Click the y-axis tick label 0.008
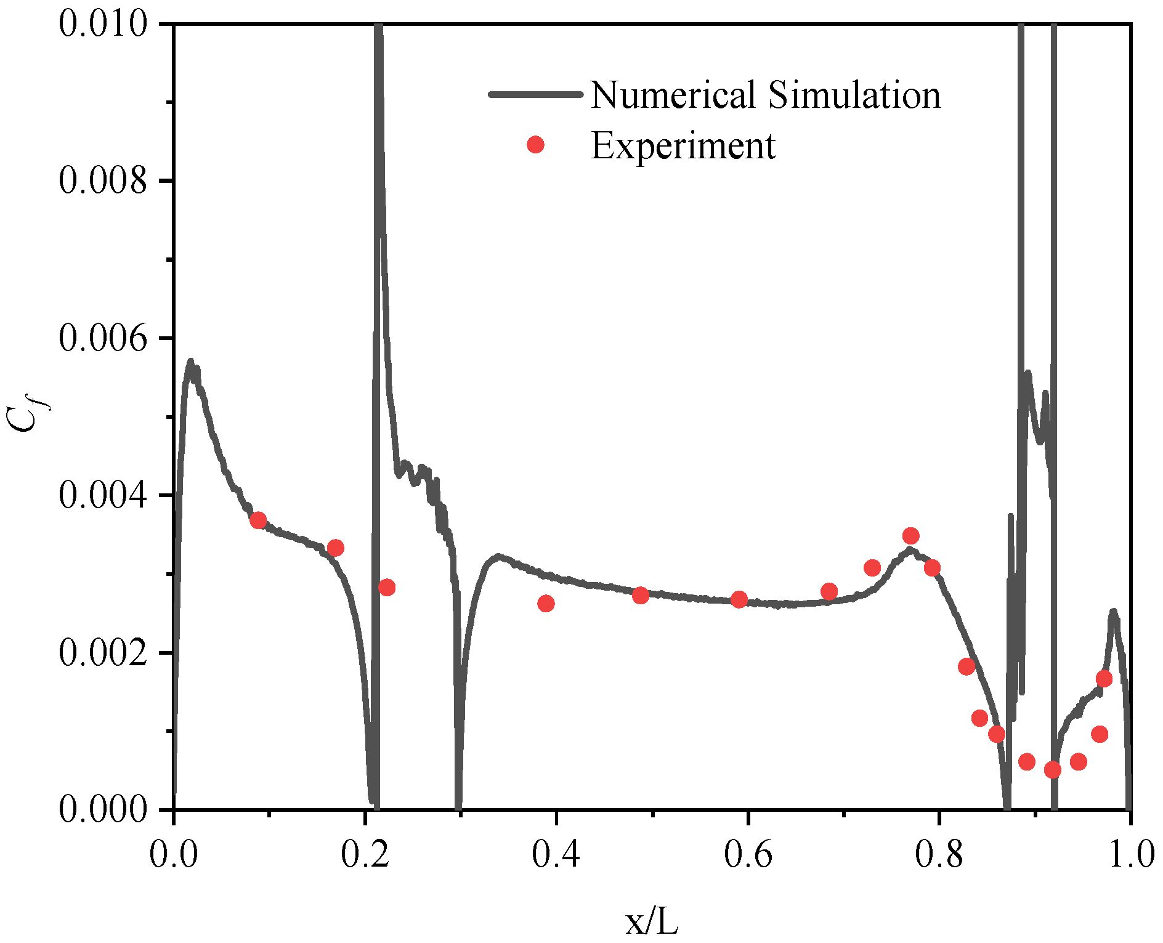pos(103,181)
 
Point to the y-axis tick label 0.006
pos(103,338)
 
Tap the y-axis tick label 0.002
pos(103,652)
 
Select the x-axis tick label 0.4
pos(556,855)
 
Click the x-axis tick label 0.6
pos(747,855)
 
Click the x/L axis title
pos(652,921)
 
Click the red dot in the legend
pos(536,145)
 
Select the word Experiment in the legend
pos(683,146)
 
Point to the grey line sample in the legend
pos(535,94)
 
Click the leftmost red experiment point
pos(258,520)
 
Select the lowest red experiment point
pos(1053,769)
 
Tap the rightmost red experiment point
pos(1104,679)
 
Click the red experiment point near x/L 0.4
pos(546,603)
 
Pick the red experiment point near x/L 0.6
pos(739,599)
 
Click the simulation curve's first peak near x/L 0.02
pos(190,362)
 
